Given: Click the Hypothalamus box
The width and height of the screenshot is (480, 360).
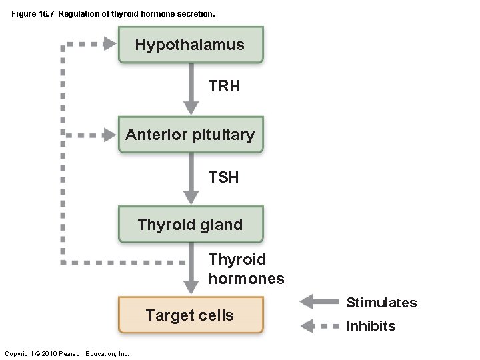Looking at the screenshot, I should [x=190, y=45].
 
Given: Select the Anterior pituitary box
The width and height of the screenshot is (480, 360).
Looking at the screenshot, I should [x=190, y=135].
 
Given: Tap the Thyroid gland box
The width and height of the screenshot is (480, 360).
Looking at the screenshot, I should [x=190, y=225].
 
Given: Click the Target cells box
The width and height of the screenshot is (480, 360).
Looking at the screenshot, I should [x=190, y=315].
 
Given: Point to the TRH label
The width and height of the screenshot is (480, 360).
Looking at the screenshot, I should [x=225, y=87].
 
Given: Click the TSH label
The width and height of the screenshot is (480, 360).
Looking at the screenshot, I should [x=223, y=177].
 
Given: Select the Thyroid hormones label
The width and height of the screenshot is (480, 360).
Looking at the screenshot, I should [x=245, y=269].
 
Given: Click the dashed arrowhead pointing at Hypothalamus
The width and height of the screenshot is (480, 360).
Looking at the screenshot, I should [x=109, y=45].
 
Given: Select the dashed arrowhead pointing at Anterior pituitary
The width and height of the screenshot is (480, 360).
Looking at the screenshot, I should [x=109, y=135].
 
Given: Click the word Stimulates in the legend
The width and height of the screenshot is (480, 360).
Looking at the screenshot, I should [x=381, y=303].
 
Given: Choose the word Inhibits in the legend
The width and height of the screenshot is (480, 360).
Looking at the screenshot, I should [x=371, y=326].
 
